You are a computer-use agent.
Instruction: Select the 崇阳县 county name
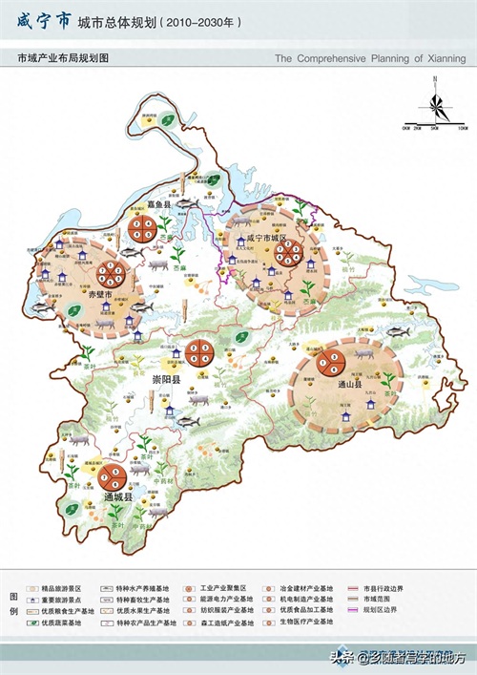[x=167, y=379]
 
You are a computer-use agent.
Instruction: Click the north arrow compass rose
[x=434, y=100]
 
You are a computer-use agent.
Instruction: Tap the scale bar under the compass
[x=434, y=125]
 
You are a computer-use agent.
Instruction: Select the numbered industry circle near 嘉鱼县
[x=145, y=228]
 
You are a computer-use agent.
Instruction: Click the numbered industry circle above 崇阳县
[x=201, y=352]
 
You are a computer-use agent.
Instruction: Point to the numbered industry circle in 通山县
[x=331, y=362]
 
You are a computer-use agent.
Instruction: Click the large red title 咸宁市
[x=44, y=20]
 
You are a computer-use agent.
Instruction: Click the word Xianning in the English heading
[x=441, y=58]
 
